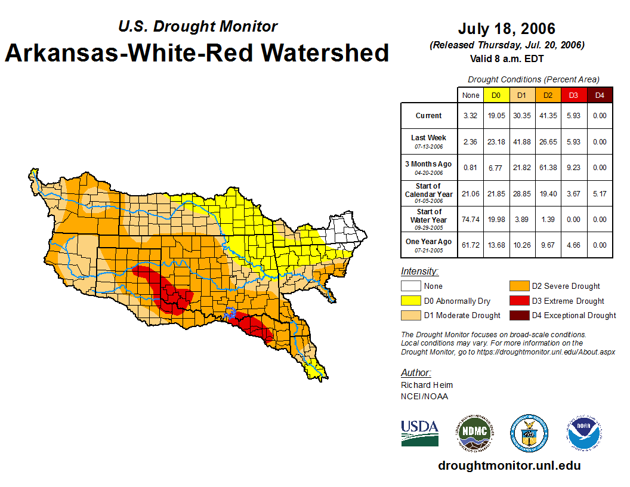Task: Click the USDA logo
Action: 419,433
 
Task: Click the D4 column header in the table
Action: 600,95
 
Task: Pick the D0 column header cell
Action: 496,95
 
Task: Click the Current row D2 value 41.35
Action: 547,116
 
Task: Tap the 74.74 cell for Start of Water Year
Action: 470,219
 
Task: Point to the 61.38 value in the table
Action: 547,168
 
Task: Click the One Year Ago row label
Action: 428,242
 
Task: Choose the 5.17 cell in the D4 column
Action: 600,193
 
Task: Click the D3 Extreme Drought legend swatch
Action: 518,301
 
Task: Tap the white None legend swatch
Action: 410,286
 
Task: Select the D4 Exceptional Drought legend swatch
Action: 518,315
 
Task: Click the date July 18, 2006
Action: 506,29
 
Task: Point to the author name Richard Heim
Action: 427,385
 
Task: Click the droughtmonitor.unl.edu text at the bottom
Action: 509,466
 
